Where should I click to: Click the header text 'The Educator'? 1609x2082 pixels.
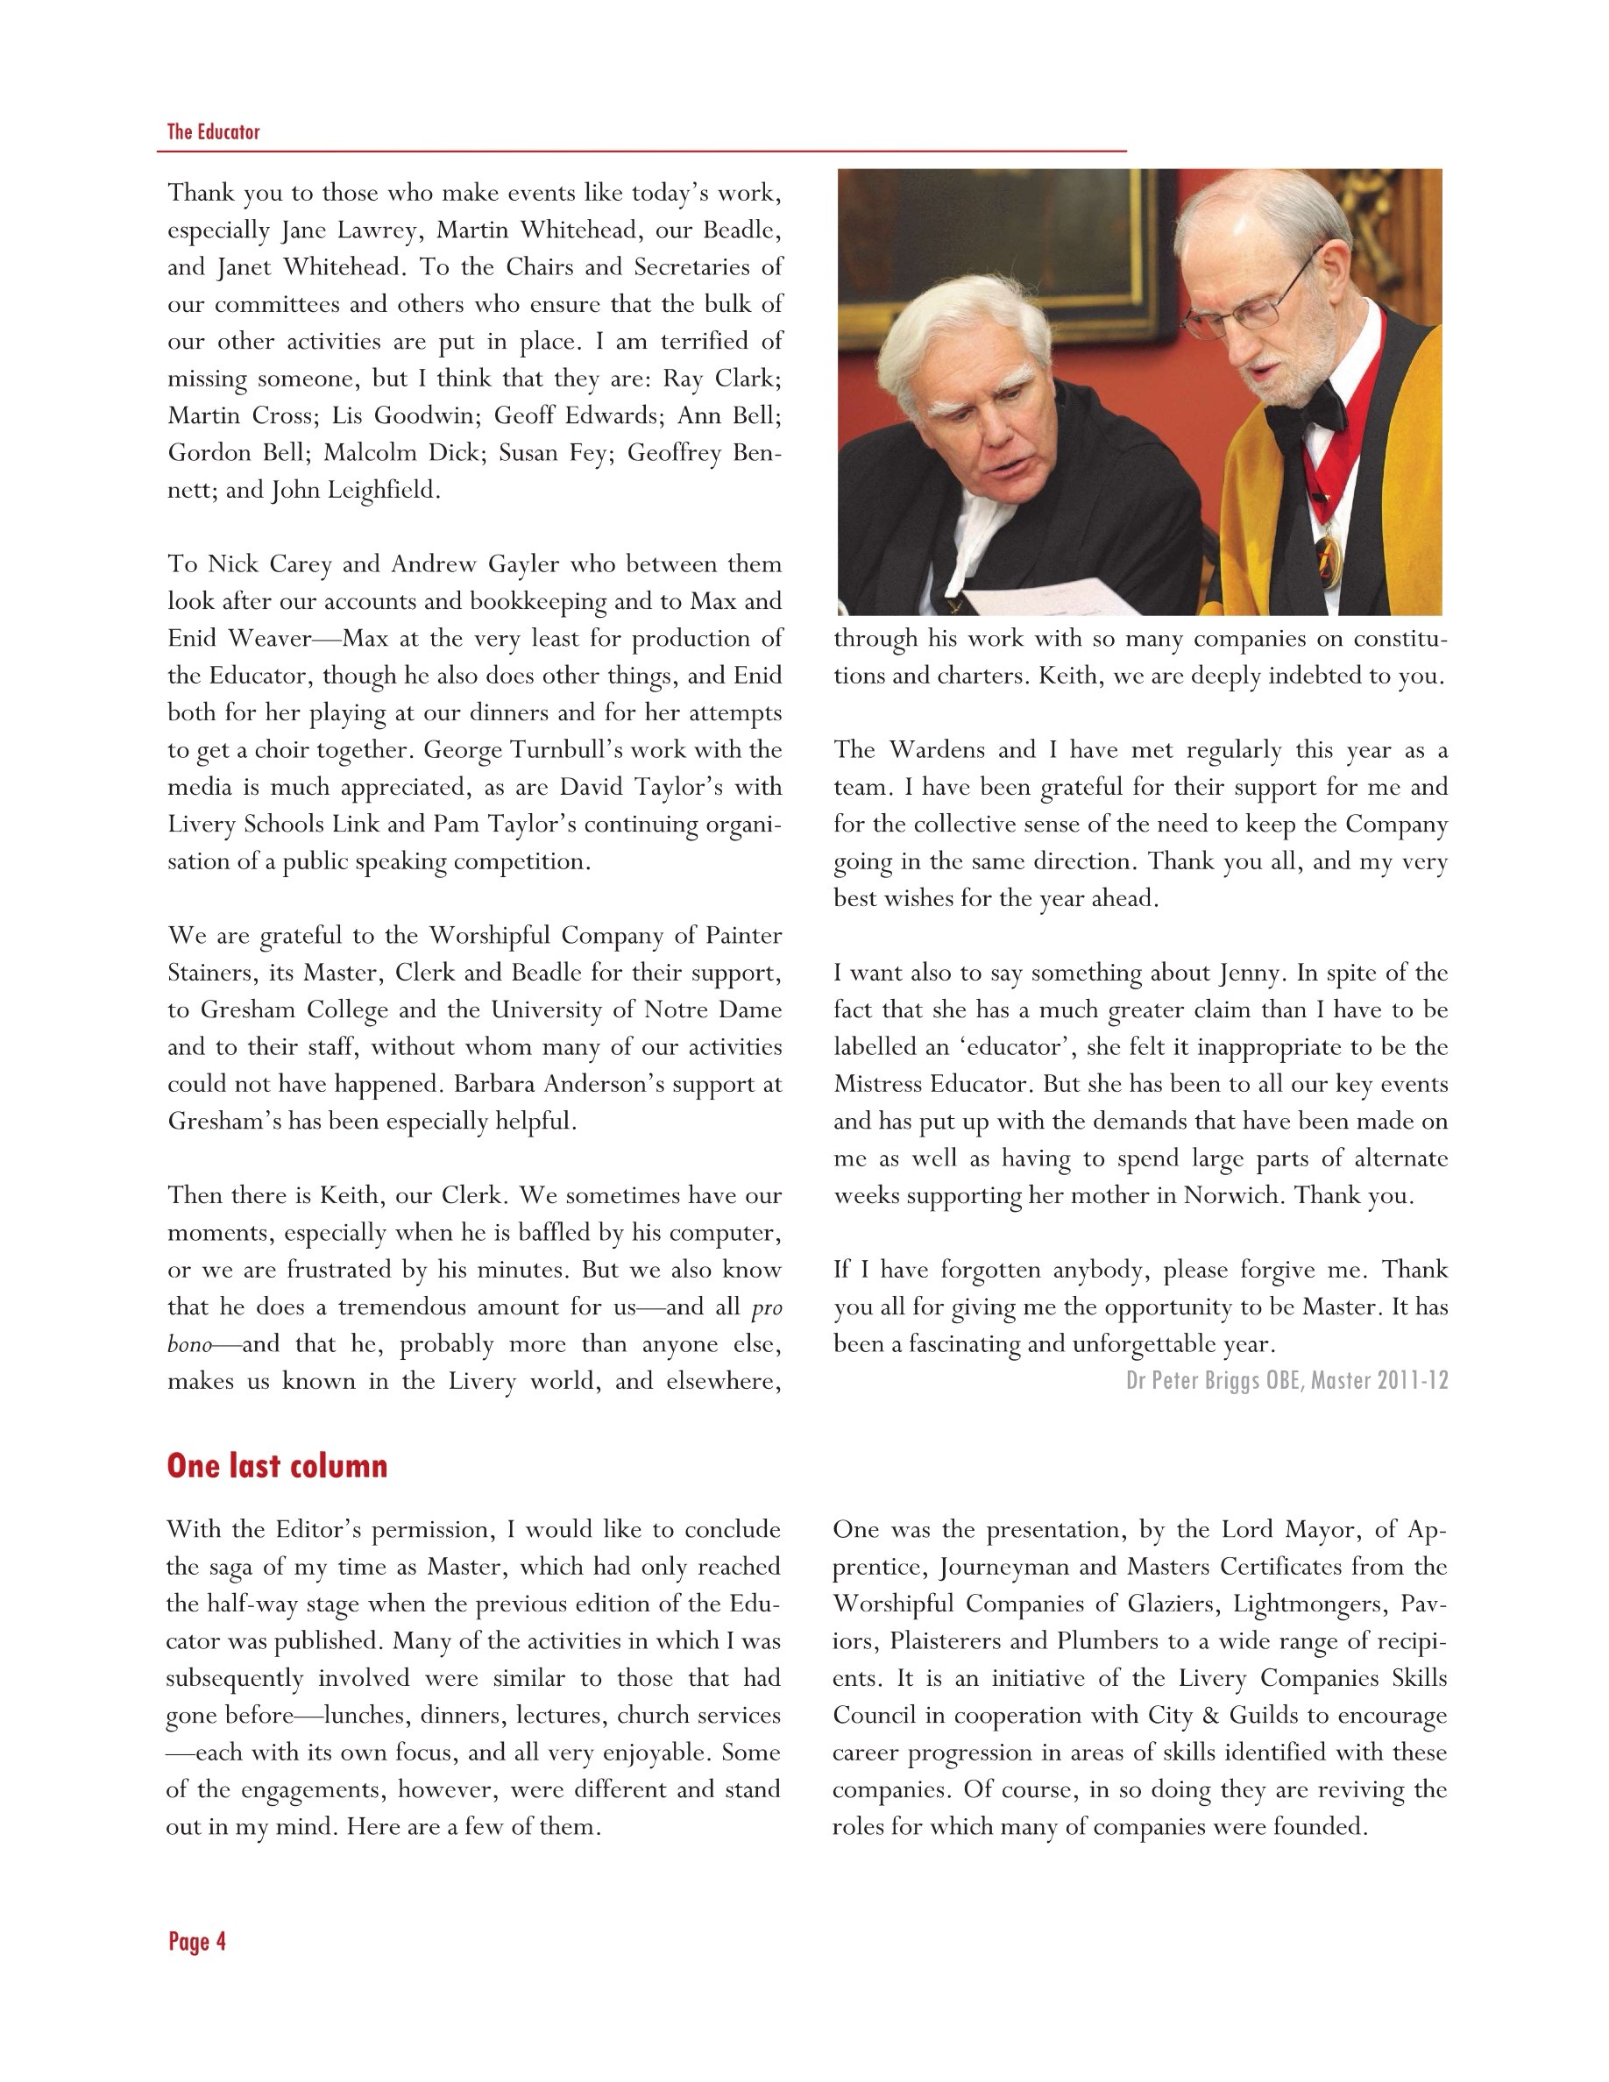pyautogui.click(x=214, y=131)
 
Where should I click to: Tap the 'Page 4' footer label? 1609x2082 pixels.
pyautogui.click(x=197, y=1942)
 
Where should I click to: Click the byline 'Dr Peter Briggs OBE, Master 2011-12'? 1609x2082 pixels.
pyautogui.click(x=1286, y=1380)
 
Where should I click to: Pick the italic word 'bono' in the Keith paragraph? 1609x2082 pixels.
pyautogui.click(x=188, y=1344)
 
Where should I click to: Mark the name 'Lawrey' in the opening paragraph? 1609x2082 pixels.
pyautogui.click(x=380, y=230)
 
